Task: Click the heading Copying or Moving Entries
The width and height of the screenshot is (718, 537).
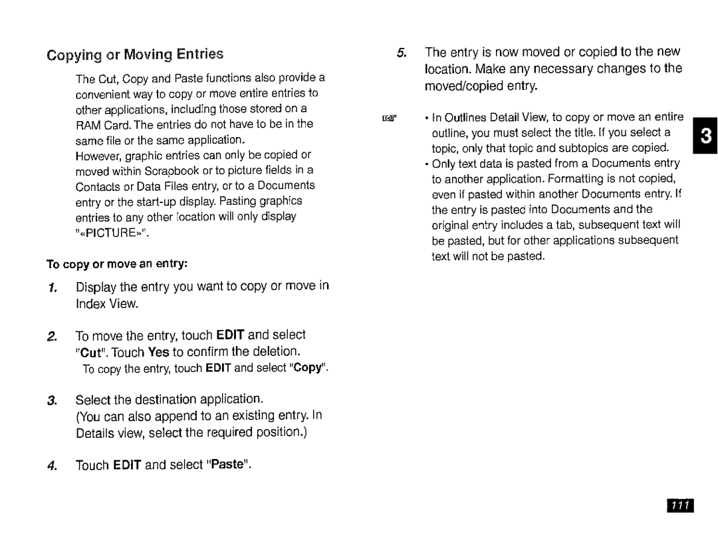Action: click(x=135, y=54)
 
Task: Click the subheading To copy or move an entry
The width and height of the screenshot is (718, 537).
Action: click(x=118, y=264)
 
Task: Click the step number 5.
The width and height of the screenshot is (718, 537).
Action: click(x=401, y=53)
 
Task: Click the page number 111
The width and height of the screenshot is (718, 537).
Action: click(x=677, y=506)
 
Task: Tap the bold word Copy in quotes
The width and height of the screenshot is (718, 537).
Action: click(x=306, y=368)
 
